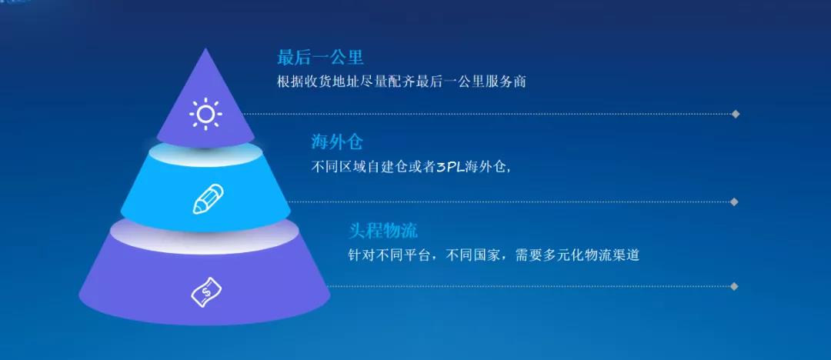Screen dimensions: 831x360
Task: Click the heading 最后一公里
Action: pyautogui.click(x=320, y=57)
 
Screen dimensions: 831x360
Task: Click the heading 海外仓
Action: pyautogui.click(x=336, y=142)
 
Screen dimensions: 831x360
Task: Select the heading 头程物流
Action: pyautogui.click(x=382, y=231)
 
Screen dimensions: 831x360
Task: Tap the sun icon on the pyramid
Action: pyautogui.click(x=205, y=114)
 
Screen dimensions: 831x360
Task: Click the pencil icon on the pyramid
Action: pyautogui.click(x=208, y=198)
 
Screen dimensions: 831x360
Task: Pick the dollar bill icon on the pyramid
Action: pyautogui.click(x=206, y=292)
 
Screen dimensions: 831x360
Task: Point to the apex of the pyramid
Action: pyautogui.click(x=205, y=48)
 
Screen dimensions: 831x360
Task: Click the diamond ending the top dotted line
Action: pyautogui.click(x=735, y=114)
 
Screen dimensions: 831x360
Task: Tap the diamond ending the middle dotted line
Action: pyautogui.click(x=734, y=202)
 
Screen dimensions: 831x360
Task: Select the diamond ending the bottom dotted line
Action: pyautogui.click(x=734, y=286)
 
